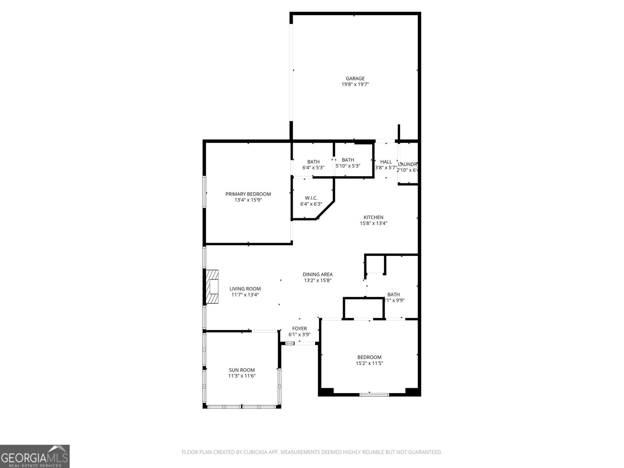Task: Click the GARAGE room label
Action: click(x=355, y=78)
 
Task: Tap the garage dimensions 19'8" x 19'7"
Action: click(x=355, y=84)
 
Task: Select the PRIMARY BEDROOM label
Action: click(x=248, y=194)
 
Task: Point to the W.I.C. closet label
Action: click(x=311, y=198)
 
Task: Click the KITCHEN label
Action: click(x=373, y=218)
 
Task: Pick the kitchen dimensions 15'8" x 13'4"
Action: click(x=373, y=223)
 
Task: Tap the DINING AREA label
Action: click(x=317, y=275)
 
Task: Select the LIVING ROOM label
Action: click(x=245, y=289)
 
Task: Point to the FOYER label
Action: click(x=300, y=329)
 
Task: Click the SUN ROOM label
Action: click(x=242, y=370)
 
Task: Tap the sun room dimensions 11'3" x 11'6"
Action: click(x=242, y=376)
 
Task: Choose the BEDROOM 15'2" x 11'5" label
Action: click(x=369, y=357)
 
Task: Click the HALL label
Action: click(x=386, y=162)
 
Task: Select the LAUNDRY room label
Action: click(x=408, y=164)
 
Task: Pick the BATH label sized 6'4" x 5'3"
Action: click(x=313, y=162)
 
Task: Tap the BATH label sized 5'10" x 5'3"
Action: click(x=348, y=160)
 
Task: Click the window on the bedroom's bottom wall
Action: click(x=374, y=395)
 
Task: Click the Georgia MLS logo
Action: click(x=35, y=456)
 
